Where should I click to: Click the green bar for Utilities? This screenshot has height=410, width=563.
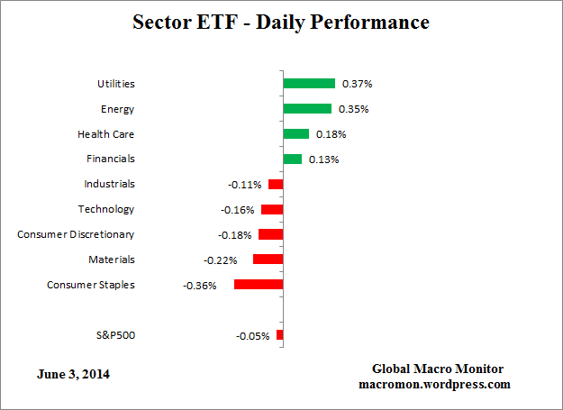pos(309,83)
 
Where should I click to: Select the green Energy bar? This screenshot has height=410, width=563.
pos(307,108)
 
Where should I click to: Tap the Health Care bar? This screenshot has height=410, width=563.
pos(295,133)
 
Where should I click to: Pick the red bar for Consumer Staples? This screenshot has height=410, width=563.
pos(259,284)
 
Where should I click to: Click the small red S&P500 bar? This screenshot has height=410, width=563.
pos(279,335)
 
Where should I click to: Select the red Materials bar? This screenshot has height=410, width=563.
pos(268,259)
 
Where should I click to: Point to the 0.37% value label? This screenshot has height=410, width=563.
pos(355,84)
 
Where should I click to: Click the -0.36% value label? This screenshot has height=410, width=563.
pos(199,286)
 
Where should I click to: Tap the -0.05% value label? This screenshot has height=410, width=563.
pos(252,336)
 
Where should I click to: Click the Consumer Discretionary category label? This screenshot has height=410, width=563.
pos(76,234)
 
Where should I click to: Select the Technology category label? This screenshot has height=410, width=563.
pos(106,209)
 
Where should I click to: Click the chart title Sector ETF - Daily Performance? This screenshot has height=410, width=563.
pos(281,22)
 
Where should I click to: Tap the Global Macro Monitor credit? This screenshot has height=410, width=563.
pos(438,369)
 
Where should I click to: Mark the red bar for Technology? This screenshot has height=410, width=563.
pos(272,209)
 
